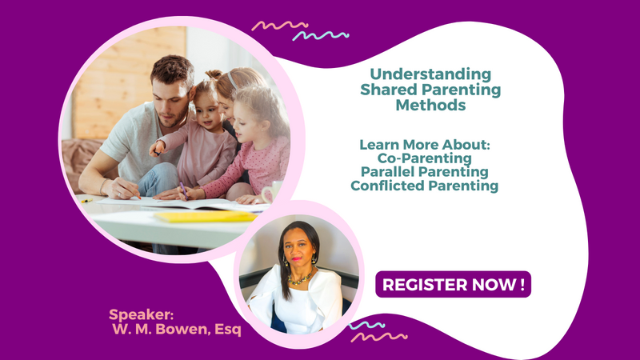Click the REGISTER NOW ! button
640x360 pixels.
(x=453, y=285)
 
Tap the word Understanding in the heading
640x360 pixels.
(x=430, y=74)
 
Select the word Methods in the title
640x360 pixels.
(x=430, y=105)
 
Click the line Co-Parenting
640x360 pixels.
(x=425, y=158)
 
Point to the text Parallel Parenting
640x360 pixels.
(x=425, y=172)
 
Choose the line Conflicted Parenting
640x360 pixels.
(x=425, y=186)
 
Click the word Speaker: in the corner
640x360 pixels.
(x=142, y=314)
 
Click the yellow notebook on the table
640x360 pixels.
(x=206, y=216)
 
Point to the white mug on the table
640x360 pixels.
(x=271, y=192)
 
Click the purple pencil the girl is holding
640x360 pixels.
(x=184, y=190)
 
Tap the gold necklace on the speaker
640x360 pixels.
(x=302, y=278)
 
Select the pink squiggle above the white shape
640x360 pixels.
(x=279, y=26)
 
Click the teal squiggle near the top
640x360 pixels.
(x=321, y=36)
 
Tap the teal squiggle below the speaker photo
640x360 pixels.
(x=366, y=326)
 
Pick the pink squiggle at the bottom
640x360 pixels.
(x=378, y=337)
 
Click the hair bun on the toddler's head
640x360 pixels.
(x=213, y=74)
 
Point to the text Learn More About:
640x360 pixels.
(x=425, y=145)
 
